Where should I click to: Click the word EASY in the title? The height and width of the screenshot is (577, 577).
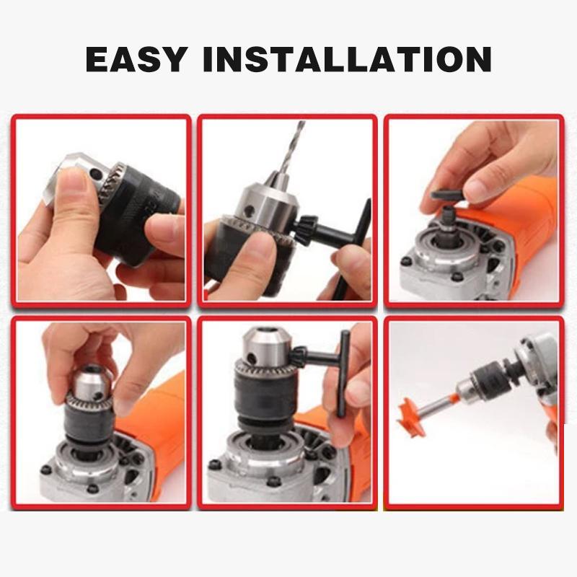[x=136, y=59]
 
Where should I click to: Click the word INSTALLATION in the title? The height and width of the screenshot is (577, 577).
[x=348, y=59]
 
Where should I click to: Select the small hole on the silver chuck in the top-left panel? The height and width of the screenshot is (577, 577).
[x=97, y=172]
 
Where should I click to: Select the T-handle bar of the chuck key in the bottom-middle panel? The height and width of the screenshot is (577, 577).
[x=345, y=374]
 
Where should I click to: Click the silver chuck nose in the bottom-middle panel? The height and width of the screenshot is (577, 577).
[x=267, y=347]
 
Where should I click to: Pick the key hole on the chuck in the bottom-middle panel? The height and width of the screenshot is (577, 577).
[x=252, y=357]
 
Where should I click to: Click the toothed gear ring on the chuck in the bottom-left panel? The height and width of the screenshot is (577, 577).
[x=89, y=400]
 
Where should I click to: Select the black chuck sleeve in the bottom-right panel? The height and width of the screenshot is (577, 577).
[x=493, y=379]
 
